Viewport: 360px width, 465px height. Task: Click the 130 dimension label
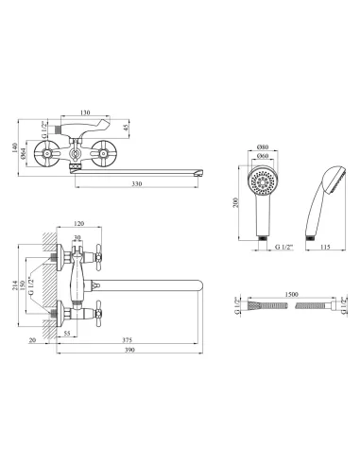(x=85, y=112)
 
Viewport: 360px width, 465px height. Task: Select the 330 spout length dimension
(x=137, y=183)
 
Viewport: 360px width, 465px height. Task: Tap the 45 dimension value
(x=126, y=129)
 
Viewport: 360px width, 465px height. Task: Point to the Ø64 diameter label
(x=24, y=154)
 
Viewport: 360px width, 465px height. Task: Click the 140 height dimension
(x=15, y=147)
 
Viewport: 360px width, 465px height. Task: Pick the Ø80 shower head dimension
(x=263, y=146)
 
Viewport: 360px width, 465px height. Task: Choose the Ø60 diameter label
(x=263, y=156)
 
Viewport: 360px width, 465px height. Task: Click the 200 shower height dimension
(x=235, y=202)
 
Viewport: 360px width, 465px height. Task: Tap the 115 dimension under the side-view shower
(x=325, y=247)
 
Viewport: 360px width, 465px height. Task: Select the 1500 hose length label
(x=291, y=294)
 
